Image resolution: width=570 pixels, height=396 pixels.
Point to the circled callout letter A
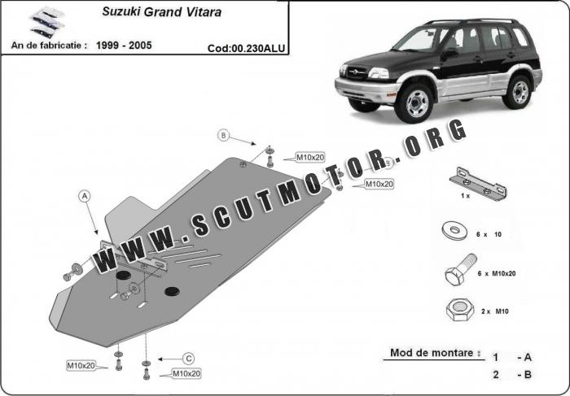point(84,195)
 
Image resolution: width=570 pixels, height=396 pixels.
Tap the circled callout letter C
point(187,358)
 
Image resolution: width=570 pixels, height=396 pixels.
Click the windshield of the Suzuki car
point(419,39)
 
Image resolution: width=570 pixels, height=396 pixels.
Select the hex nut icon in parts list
point(454,310)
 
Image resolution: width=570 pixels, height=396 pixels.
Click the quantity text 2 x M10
point(492,311)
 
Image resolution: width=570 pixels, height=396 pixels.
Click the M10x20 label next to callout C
point(186,373)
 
